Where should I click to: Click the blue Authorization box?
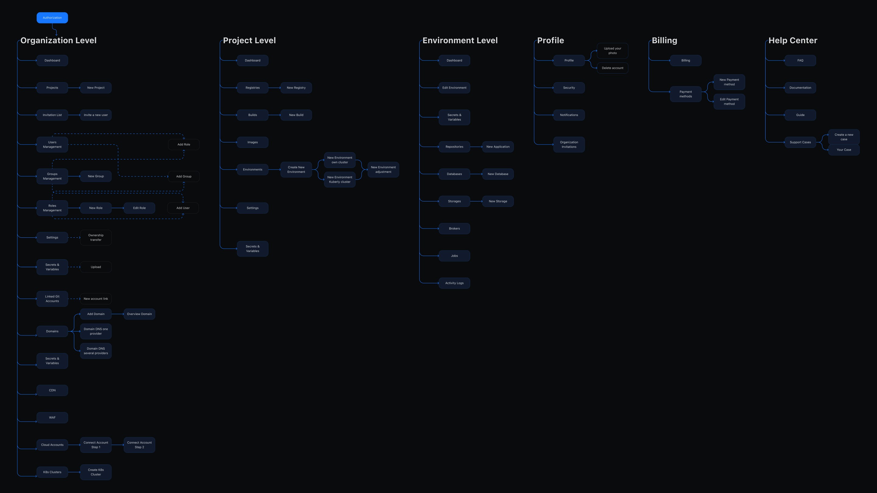[52, 18]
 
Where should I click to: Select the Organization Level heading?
[58, 40]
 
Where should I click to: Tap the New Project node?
[96, 88]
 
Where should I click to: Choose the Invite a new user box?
[96, 115]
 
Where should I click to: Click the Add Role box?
[184, 145]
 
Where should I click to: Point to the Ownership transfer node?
[96, 237]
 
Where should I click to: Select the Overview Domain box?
[139, 314]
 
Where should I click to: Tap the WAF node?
[52, 418]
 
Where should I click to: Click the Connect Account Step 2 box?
[139, 445]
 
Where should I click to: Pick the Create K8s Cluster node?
[96, 472]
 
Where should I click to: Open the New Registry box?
[296, 88]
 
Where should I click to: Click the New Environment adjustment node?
[383, 170]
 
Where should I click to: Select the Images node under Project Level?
[252, 142]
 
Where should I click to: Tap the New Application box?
[498, 147]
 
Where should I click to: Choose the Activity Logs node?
[454, 283]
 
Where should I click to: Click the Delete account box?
[612, 68]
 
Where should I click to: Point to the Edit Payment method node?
[729, 102]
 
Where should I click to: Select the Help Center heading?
[793, 40]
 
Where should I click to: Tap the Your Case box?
[844, 150]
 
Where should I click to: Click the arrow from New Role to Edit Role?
[118, 208]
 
